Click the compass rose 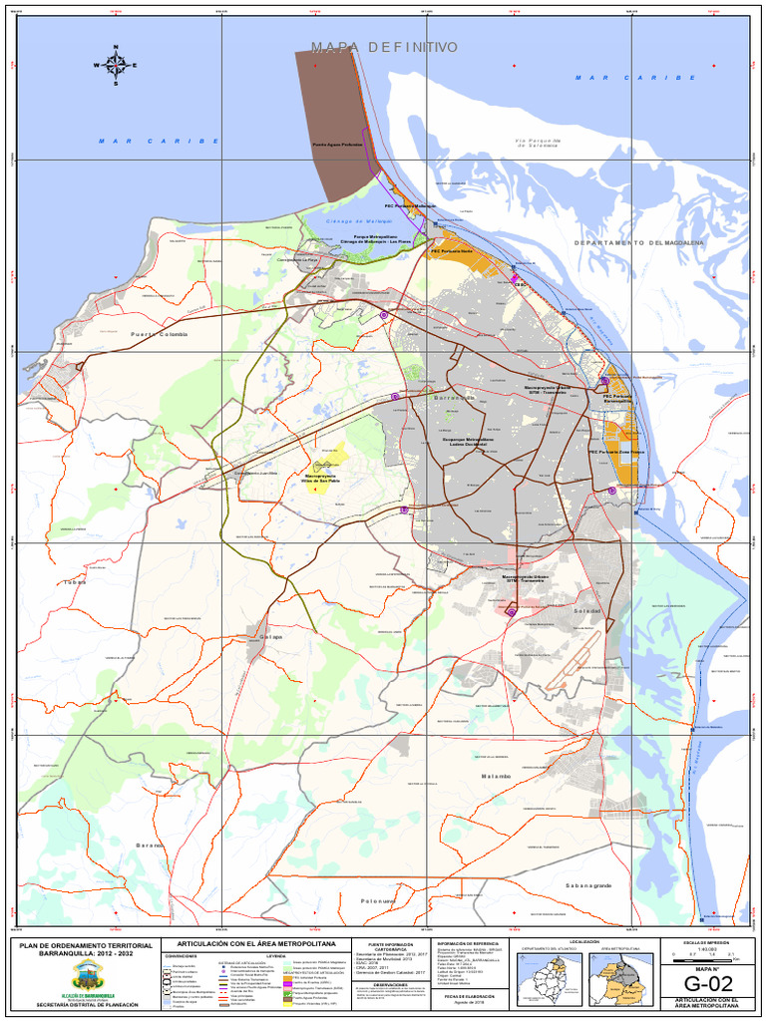116,65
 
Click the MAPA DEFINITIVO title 384,47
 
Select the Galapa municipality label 271,636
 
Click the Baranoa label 150,845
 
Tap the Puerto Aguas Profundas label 337,144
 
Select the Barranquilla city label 455,398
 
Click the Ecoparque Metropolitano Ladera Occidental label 469,441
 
